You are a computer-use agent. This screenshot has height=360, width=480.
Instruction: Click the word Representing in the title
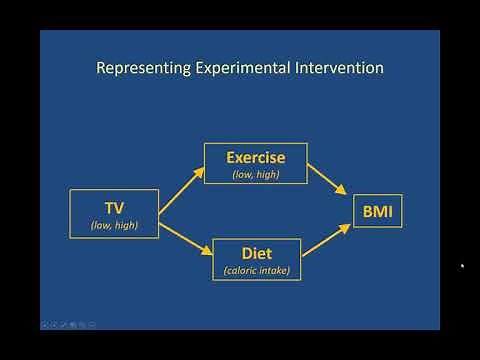pyautogui.click(x=139, y=69)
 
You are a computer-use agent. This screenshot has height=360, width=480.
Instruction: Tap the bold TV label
pyautogui.click(x=114, y=208)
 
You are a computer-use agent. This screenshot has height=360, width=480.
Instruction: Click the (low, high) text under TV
pyautogui.click(x=114, y=225)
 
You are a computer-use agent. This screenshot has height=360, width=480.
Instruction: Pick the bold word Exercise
pyautogui.click(x=255, y=157)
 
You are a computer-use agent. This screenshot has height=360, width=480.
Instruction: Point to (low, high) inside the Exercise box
pyautogui.click(x=255, y=174)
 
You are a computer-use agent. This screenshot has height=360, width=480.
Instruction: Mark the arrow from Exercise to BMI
pyautogui.click(x=328, y=178)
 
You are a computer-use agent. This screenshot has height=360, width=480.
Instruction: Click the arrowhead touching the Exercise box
pyautogui.click(x=199, y=169)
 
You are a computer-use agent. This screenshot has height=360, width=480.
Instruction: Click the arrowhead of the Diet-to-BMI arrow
pyautogui.click(x=346, y=226)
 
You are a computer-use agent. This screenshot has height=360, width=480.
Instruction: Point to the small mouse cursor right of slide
pyautogui.click(x=462, y=266)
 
